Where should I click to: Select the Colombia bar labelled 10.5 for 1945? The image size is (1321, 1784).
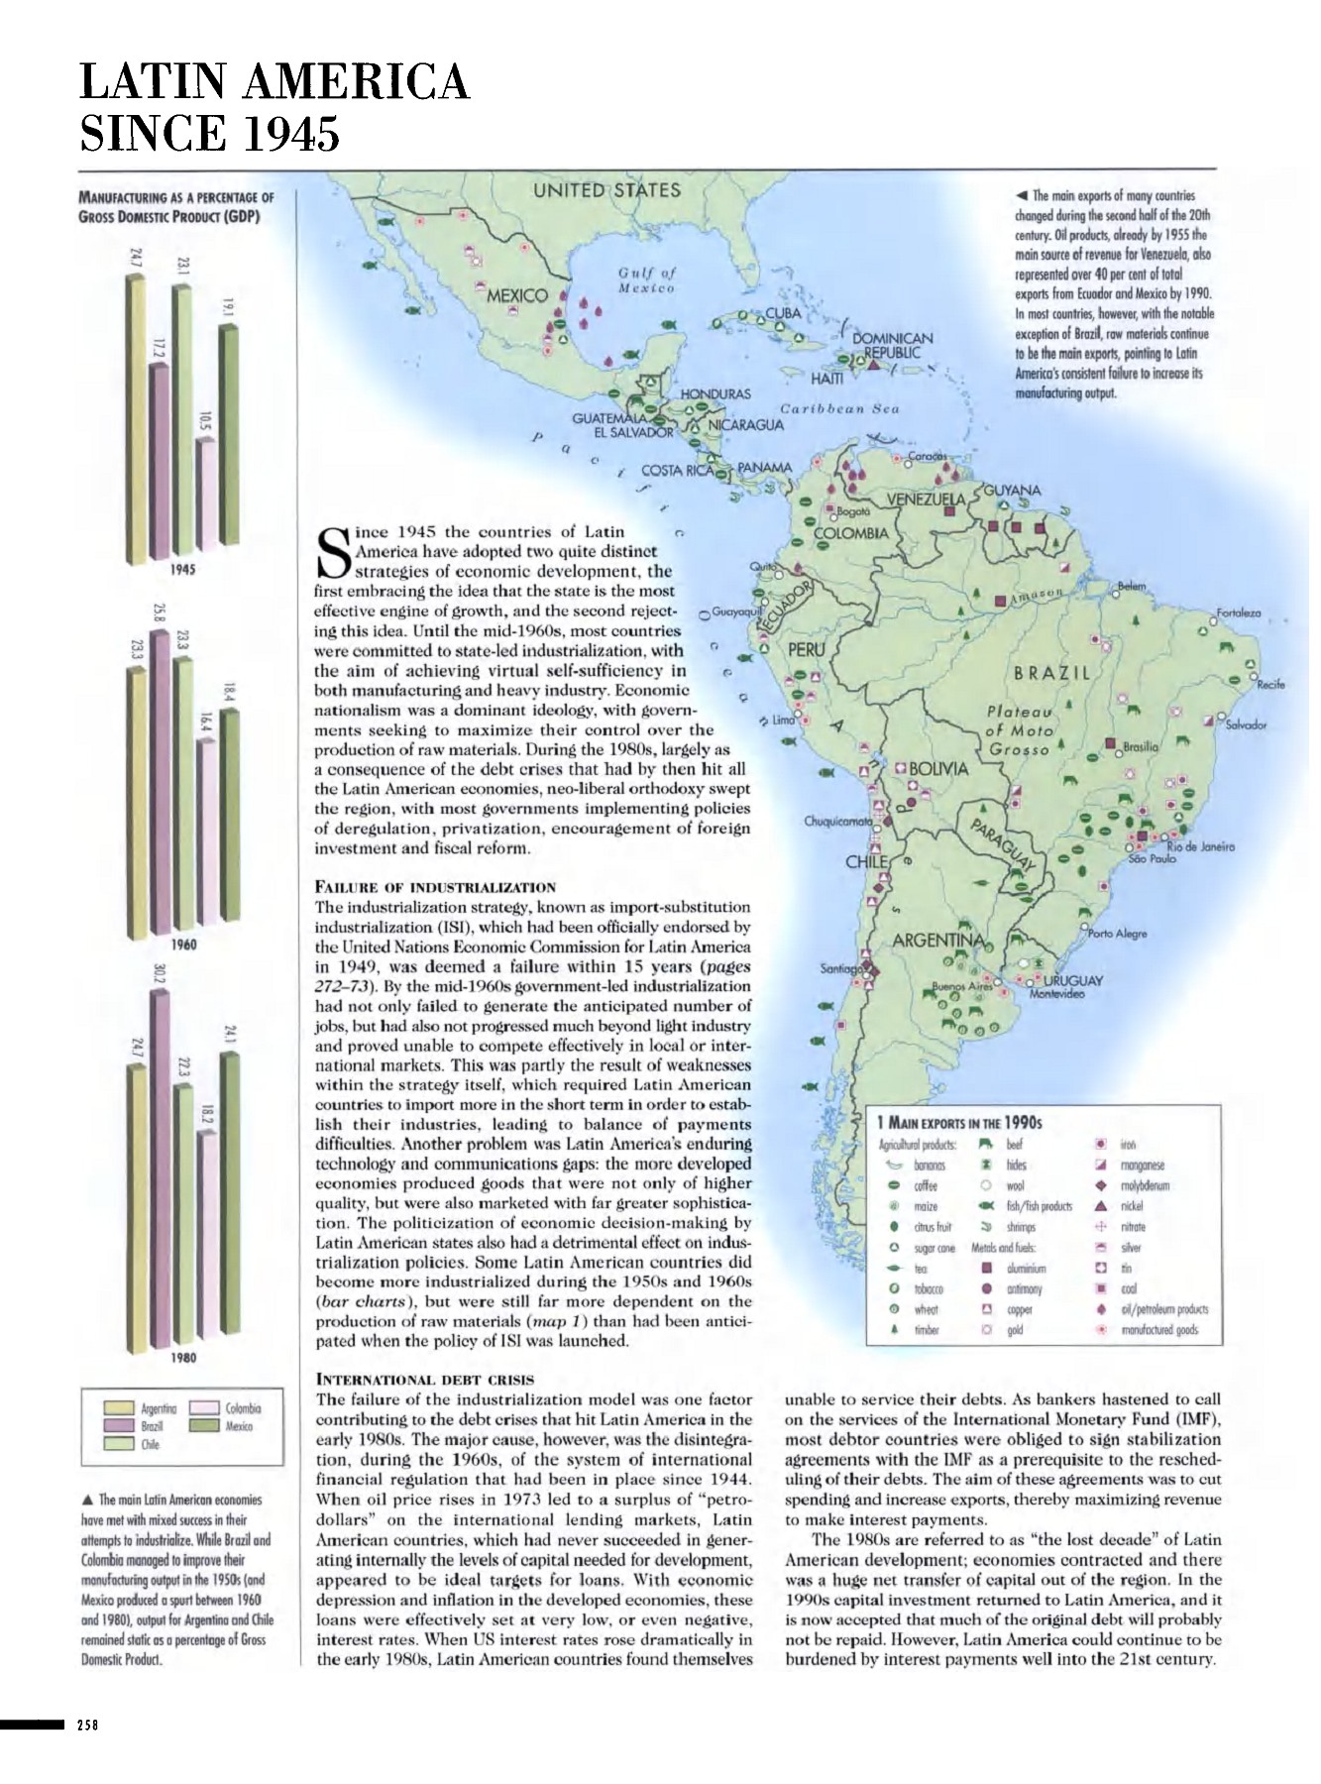pyautogui.click(x=206, y=496)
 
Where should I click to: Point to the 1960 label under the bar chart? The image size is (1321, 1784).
pyautogui.click(x=182, y=945)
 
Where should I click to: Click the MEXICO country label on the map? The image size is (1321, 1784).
pyautogui.click(x=517, y=295)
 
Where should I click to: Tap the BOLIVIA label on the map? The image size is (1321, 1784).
pyautogui.click(x=938, y=769)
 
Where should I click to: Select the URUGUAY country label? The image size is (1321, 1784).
pyautogui.click(x=1072, y=980)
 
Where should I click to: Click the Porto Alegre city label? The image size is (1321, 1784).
pyautogui.click(x=1118, y=934)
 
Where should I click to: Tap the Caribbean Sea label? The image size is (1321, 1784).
pyautogui.click(x=839, y=408)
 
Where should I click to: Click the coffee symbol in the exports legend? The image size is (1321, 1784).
pyautogui.click(x=894, y=1185)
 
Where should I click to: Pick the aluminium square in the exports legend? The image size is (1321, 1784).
pyautogui.click(x=987, y=1268)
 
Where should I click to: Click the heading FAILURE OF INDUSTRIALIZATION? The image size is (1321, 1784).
pyautogui.click(x=435, y=886)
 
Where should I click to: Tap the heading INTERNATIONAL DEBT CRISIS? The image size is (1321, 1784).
pyautogui.click(x=424, y=1379)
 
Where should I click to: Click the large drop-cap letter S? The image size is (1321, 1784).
pyautogui.click(x=332, y=553)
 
